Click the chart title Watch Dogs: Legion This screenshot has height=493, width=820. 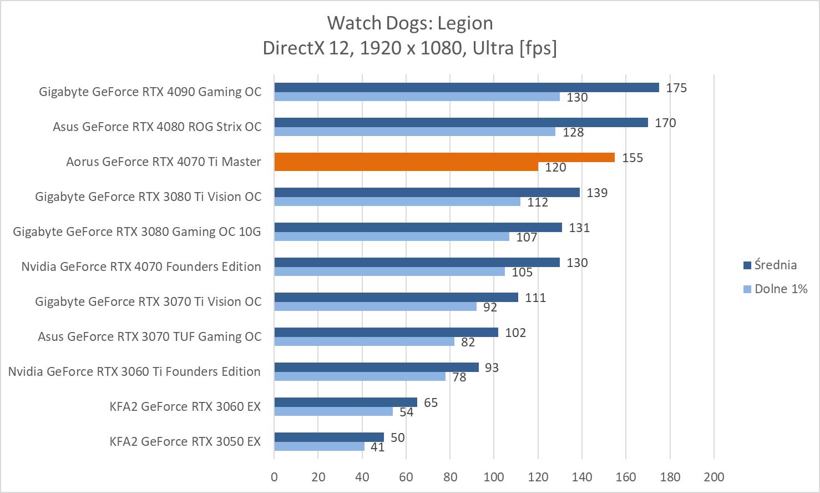point(409,23)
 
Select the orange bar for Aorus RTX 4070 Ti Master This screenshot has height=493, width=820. point(444,158)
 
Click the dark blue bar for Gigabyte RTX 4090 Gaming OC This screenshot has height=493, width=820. point(466,88)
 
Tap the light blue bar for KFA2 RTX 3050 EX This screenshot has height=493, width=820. point(319,446)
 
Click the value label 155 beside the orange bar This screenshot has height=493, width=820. point(632,158)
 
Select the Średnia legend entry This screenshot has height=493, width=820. point(775,265)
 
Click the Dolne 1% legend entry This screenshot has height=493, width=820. point(781,289)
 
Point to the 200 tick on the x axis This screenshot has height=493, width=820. point(713,477)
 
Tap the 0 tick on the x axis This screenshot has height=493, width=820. point(274,477)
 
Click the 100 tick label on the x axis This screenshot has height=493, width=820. point(494,477)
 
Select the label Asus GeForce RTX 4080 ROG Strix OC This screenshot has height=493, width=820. point(157,127)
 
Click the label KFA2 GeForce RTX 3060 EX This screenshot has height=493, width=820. point(185,406)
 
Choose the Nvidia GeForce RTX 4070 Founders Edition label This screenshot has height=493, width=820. point(141,266)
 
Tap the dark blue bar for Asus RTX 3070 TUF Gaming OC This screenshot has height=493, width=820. point(386,333)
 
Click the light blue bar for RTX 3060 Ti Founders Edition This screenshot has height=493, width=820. point(360,376)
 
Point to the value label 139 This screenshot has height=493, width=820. point(597,193)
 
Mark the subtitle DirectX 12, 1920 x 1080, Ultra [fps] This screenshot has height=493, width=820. point(409,48)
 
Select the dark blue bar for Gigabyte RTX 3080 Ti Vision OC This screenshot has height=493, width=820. point(427,193)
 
